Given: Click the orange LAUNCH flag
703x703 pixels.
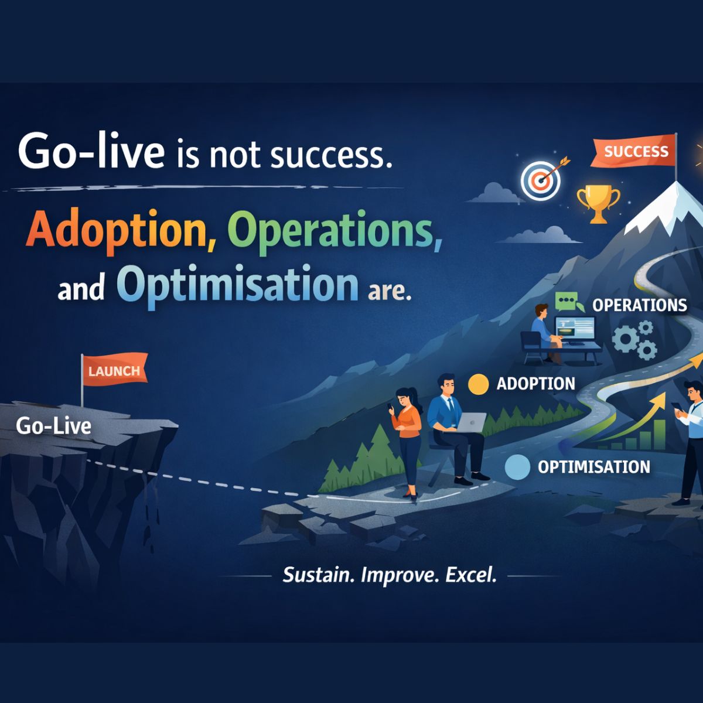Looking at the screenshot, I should coord(114,370).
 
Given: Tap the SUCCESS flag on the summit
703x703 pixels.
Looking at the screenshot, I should coord(636,152).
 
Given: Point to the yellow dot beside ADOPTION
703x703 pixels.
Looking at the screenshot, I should coord(479,384).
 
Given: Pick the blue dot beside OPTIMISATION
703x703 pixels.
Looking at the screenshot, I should coord(517,467).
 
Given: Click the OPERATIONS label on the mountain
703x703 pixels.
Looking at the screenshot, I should coord(639,305).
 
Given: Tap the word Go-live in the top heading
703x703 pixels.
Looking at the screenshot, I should coord(91,151).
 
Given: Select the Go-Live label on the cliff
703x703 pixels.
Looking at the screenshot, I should coord(53,425).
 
